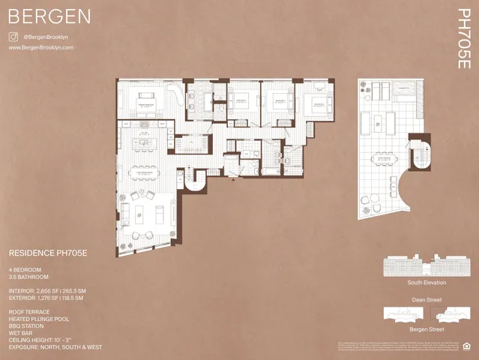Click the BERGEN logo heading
coord(49,16)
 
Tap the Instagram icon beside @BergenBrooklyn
coord(13,36)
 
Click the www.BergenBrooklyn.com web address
coord(41,47)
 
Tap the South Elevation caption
coord(427,283)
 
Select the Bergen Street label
coord(427,329)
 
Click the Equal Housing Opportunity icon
coord(468,346)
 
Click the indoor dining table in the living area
coord(145,172)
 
